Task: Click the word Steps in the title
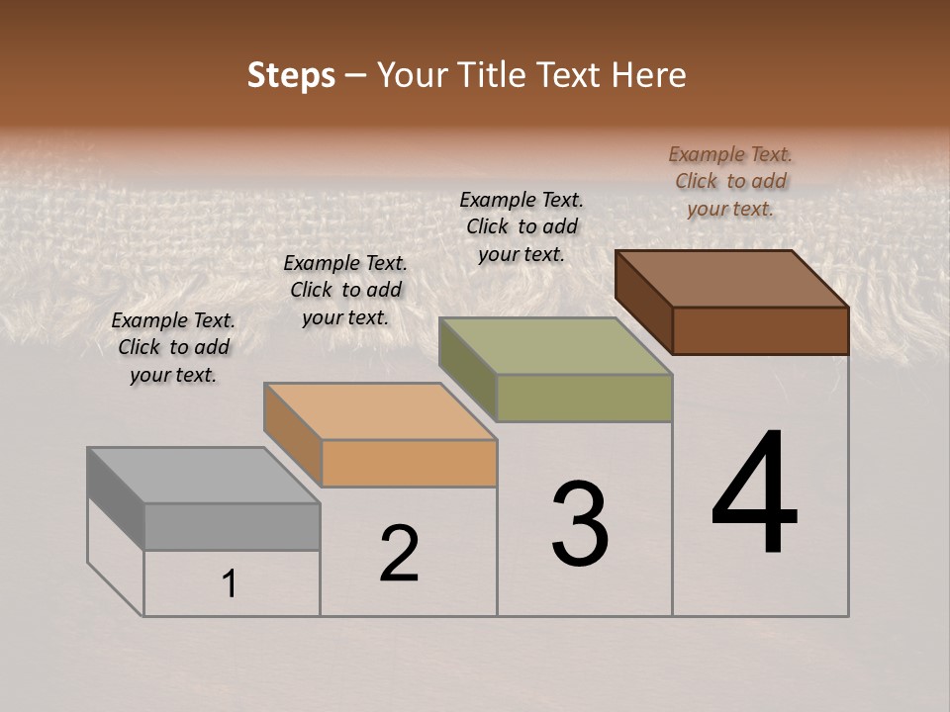291,75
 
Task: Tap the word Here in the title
649,75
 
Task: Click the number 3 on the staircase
579,524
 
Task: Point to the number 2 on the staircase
399,554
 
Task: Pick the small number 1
230,584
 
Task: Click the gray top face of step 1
203,476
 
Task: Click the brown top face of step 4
731,279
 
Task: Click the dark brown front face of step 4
760,330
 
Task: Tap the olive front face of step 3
584,398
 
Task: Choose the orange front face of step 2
409,463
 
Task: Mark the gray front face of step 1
232,526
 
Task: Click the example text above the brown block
730,181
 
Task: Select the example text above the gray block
173,347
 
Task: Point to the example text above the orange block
345,290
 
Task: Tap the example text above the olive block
522,226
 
